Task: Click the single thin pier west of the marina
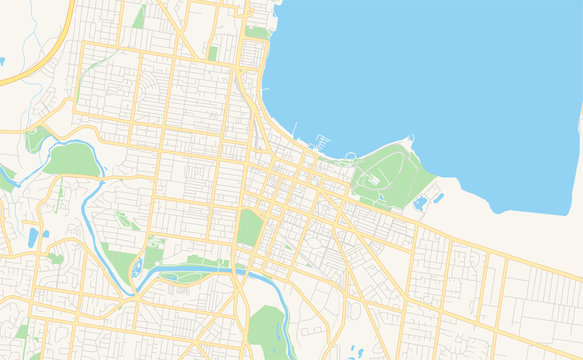pos(296,128)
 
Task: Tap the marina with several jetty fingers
pos(320,141)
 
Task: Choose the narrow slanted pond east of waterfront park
pos(421,204)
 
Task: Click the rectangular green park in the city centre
pos(249,227)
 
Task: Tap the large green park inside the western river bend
pos(72,159)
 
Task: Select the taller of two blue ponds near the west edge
pos(33,237)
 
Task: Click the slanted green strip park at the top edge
pos(139,16)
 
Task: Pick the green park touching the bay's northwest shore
pos(257,32)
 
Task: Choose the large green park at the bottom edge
pos(266,328)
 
